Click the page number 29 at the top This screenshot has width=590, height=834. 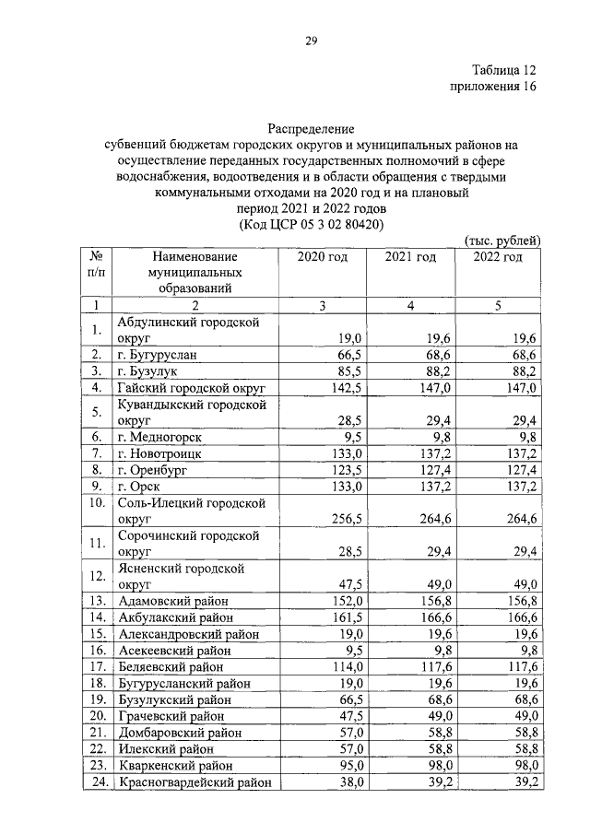312,40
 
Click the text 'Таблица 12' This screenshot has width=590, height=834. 502,70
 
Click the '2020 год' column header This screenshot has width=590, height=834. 322,257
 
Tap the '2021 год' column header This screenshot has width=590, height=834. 410,257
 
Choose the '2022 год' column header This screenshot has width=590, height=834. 498,257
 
